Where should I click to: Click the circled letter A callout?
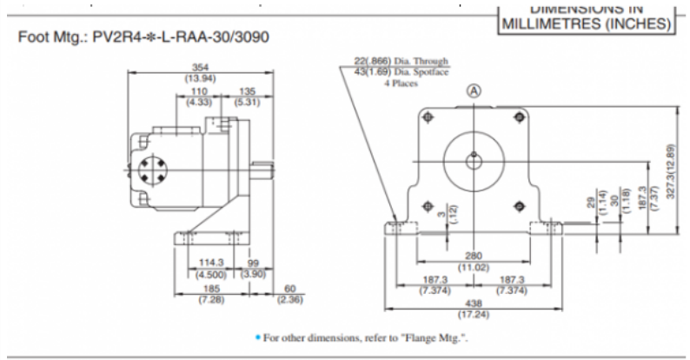[x=474, y=90]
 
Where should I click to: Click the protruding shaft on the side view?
[x=262, y=167]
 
